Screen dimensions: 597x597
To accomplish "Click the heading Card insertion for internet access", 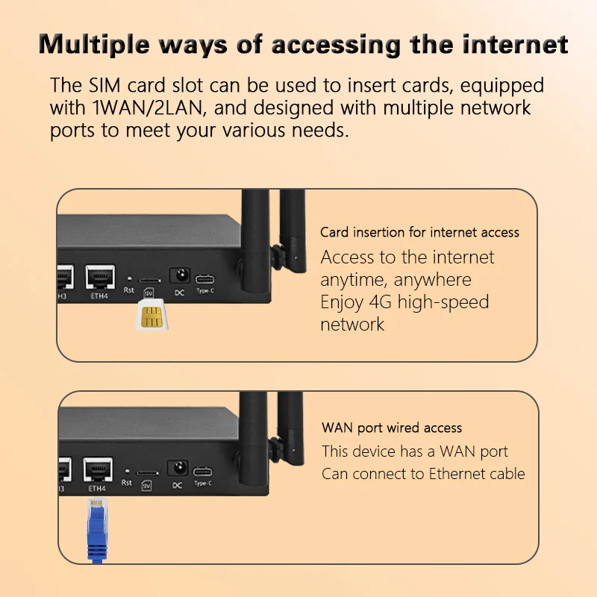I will [x=419, y=232].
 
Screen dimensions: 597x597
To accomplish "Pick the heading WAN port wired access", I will [x=392, y=428].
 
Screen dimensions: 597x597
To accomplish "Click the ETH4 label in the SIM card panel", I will [x=99, y=293].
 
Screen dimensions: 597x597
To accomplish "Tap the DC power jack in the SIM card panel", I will [x=179, y=275].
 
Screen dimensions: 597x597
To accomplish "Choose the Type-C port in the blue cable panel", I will [x=203, y=471].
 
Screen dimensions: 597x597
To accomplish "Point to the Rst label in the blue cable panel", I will [x=128, y=483].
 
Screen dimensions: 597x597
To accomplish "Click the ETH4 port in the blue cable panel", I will [x=97, y=469].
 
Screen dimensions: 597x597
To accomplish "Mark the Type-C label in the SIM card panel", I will [x=204, y=290].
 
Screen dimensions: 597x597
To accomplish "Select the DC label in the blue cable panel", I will [x=177, y=486].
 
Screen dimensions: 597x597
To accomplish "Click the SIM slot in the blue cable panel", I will [x=148, y=472].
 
